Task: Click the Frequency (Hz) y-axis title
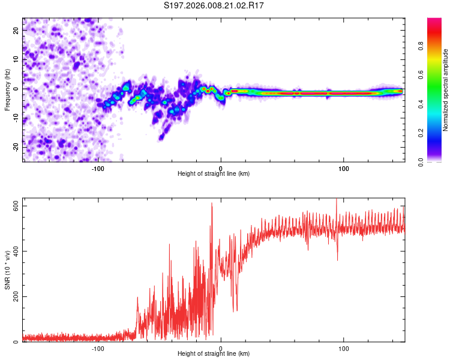point(7,89)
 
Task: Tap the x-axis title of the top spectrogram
point(214,174)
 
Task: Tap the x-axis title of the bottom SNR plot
point(214,354)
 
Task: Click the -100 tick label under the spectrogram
point(98,168)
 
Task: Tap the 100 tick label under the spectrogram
point(344,168)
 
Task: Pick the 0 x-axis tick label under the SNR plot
point(221,348)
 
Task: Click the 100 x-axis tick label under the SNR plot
point(344,348)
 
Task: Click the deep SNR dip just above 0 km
point(235,310)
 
